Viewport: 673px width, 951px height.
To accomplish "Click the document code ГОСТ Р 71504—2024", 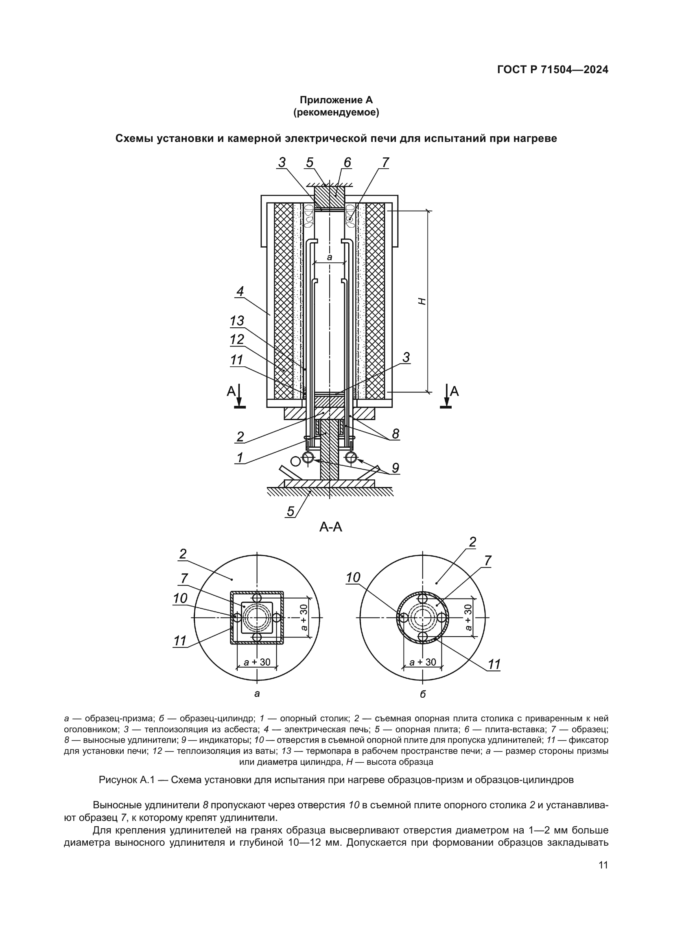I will tap(553, 70).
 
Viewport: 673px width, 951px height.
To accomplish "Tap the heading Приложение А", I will tap(336, 100).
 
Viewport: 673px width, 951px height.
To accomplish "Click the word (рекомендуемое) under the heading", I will tap(336, 112).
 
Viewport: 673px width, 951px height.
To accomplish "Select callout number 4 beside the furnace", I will tap(240, 292).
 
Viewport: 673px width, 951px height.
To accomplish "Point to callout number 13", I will tap(237, 321).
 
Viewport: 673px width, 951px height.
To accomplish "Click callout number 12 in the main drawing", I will tap(237, 339).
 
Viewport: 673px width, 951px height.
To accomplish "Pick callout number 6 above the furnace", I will tap(347, 163).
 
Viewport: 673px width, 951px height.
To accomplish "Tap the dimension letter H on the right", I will tap(422, 301).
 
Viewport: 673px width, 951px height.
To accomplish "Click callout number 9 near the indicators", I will tap(395, 468).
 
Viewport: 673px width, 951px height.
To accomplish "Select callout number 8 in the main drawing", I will tap(395, 434).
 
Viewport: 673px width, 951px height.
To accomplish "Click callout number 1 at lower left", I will tap(240, 458).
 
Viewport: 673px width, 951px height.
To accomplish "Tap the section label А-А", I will tap(331, 527).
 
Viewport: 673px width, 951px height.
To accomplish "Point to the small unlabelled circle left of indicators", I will tap(295, 461).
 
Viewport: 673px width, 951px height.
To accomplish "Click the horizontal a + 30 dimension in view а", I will tap(257, 662).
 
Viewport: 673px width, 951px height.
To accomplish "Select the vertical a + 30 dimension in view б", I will tap(468, 618).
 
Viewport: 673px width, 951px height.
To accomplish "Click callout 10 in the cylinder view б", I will tap(353, 577).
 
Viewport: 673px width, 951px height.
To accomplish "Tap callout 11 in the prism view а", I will tap(180, 641).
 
